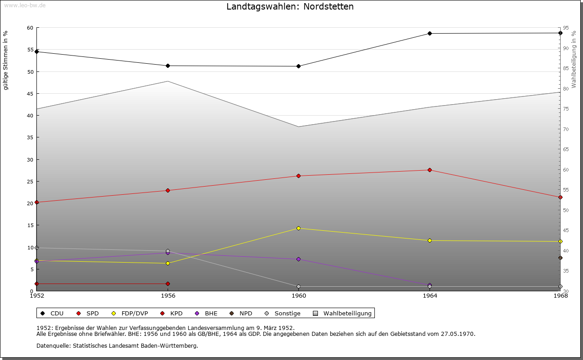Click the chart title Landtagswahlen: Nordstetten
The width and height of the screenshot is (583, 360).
(290, 7)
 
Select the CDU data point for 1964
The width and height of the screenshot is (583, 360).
(430, 33)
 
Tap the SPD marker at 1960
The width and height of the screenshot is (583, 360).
(298, 176)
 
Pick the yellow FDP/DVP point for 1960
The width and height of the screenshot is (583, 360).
(298, 228)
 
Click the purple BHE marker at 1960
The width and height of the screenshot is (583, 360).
(298, 259)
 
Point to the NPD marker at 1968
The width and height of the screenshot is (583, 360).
(560, 258)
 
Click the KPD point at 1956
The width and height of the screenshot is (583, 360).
(168, 284)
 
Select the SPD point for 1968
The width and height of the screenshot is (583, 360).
(560, 197)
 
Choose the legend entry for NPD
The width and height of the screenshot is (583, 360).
(241, 313)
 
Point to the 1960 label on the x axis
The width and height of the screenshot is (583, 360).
(298, 296)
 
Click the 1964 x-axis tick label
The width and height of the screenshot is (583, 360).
(430, 296)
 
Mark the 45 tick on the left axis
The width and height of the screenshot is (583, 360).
(30, 94)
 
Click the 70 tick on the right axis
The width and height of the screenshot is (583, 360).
(565, 129)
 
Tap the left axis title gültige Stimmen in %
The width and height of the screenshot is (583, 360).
(6, 60)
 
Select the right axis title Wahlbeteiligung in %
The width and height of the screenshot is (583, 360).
(574, 60)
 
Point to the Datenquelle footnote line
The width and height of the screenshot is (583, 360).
(117, 345)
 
